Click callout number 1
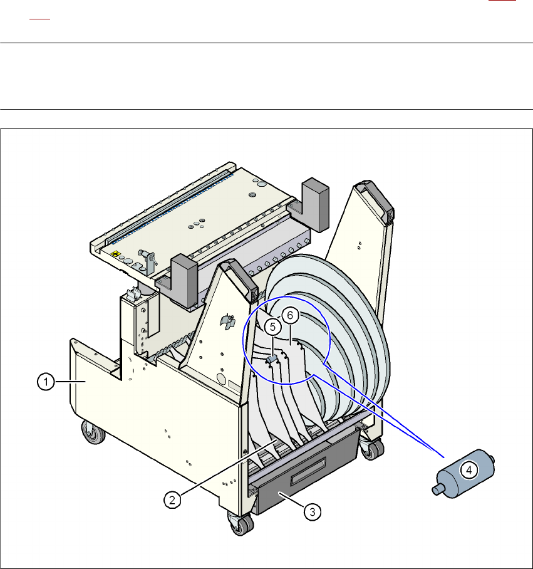click(x=46, y=382)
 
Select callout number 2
click(x=172, y=500)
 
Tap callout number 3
click(x=312, y=512)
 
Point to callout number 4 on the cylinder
click(x=469, y=470)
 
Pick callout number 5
click(x=272, y=327)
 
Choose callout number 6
click(x=290, y=315)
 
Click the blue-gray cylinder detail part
click(x=463, y=473)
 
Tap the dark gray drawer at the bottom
click(x=308, y=472)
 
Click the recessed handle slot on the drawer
click(x=308, y=470)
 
